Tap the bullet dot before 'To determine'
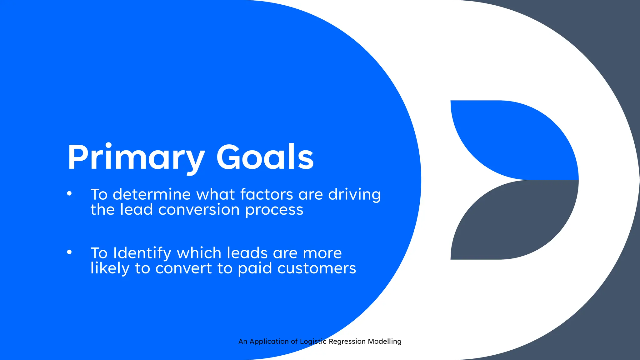tap(69, 194)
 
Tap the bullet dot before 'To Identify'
tap(69, 252)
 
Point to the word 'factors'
tap(267, 194)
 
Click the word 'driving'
tap(354, 195)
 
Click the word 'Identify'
tap(142, 253)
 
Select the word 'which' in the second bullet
tap(199, 253)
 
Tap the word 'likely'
tap(110, 268)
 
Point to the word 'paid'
tap(255, 268)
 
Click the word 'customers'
tap(317, 268)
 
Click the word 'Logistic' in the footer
tap(313, 342)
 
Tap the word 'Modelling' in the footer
tap(384, 341)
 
